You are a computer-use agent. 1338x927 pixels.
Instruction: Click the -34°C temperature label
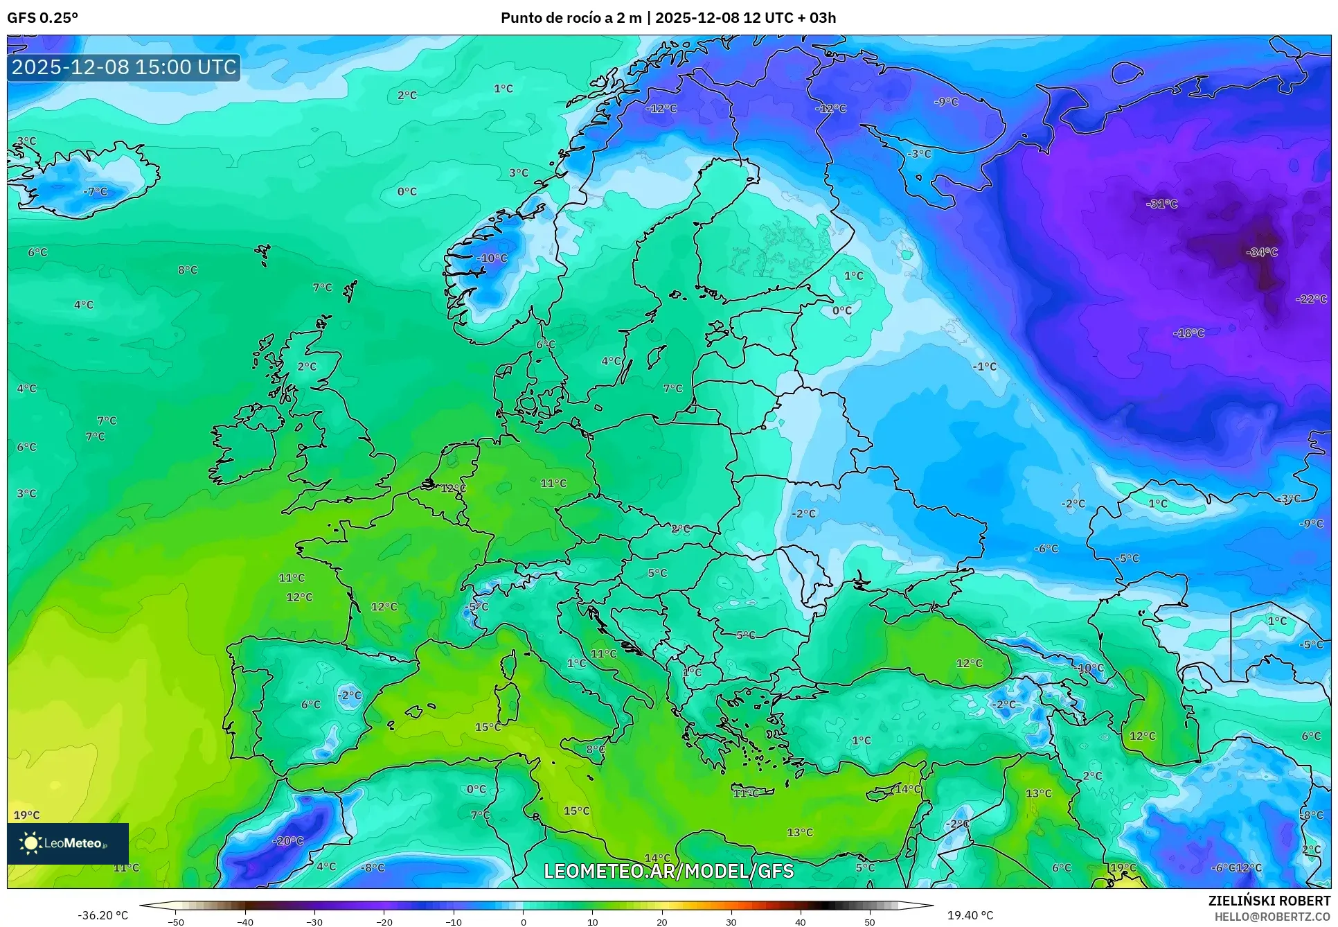(1261, 252)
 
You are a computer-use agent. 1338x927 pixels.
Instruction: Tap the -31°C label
(1161, 204)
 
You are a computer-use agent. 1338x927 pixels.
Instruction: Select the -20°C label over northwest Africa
(288, 841)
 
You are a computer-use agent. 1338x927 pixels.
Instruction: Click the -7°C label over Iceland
(95, 192)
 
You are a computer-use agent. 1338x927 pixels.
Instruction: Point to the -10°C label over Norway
(492, 258)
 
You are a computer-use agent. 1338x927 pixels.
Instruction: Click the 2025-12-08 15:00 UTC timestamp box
(124, 67)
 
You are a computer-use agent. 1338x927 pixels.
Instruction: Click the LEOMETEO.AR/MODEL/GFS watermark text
(668, 871)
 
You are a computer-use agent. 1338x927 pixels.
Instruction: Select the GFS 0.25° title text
(42, 18)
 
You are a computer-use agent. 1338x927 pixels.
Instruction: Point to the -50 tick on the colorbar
(176, 922)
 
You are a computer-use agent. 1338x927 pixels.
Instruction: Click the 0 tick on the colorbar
(523, 922)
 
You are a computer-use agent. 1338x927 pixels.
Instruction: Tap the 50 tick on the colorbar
(870, 922)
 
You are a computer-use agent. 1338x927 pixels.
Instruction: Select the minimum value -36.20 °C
(102, 915)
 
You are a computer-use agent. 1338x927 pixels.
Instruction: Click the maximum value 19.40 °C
(970, 915)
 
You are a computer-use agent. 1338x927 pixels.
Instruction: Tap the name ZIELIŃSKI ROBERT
(1269, 901)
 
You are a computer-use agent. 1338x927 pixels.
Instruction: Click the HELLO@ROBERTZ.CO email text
(1272, 917)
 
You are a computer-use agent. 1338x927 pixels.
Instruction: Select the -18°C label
(1188, 333)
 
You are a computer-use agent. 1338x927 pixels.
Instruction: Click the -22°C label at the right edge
(1310, 299)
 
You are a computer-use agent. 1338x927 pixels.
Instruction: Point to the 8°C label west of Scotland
(187, 270)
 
